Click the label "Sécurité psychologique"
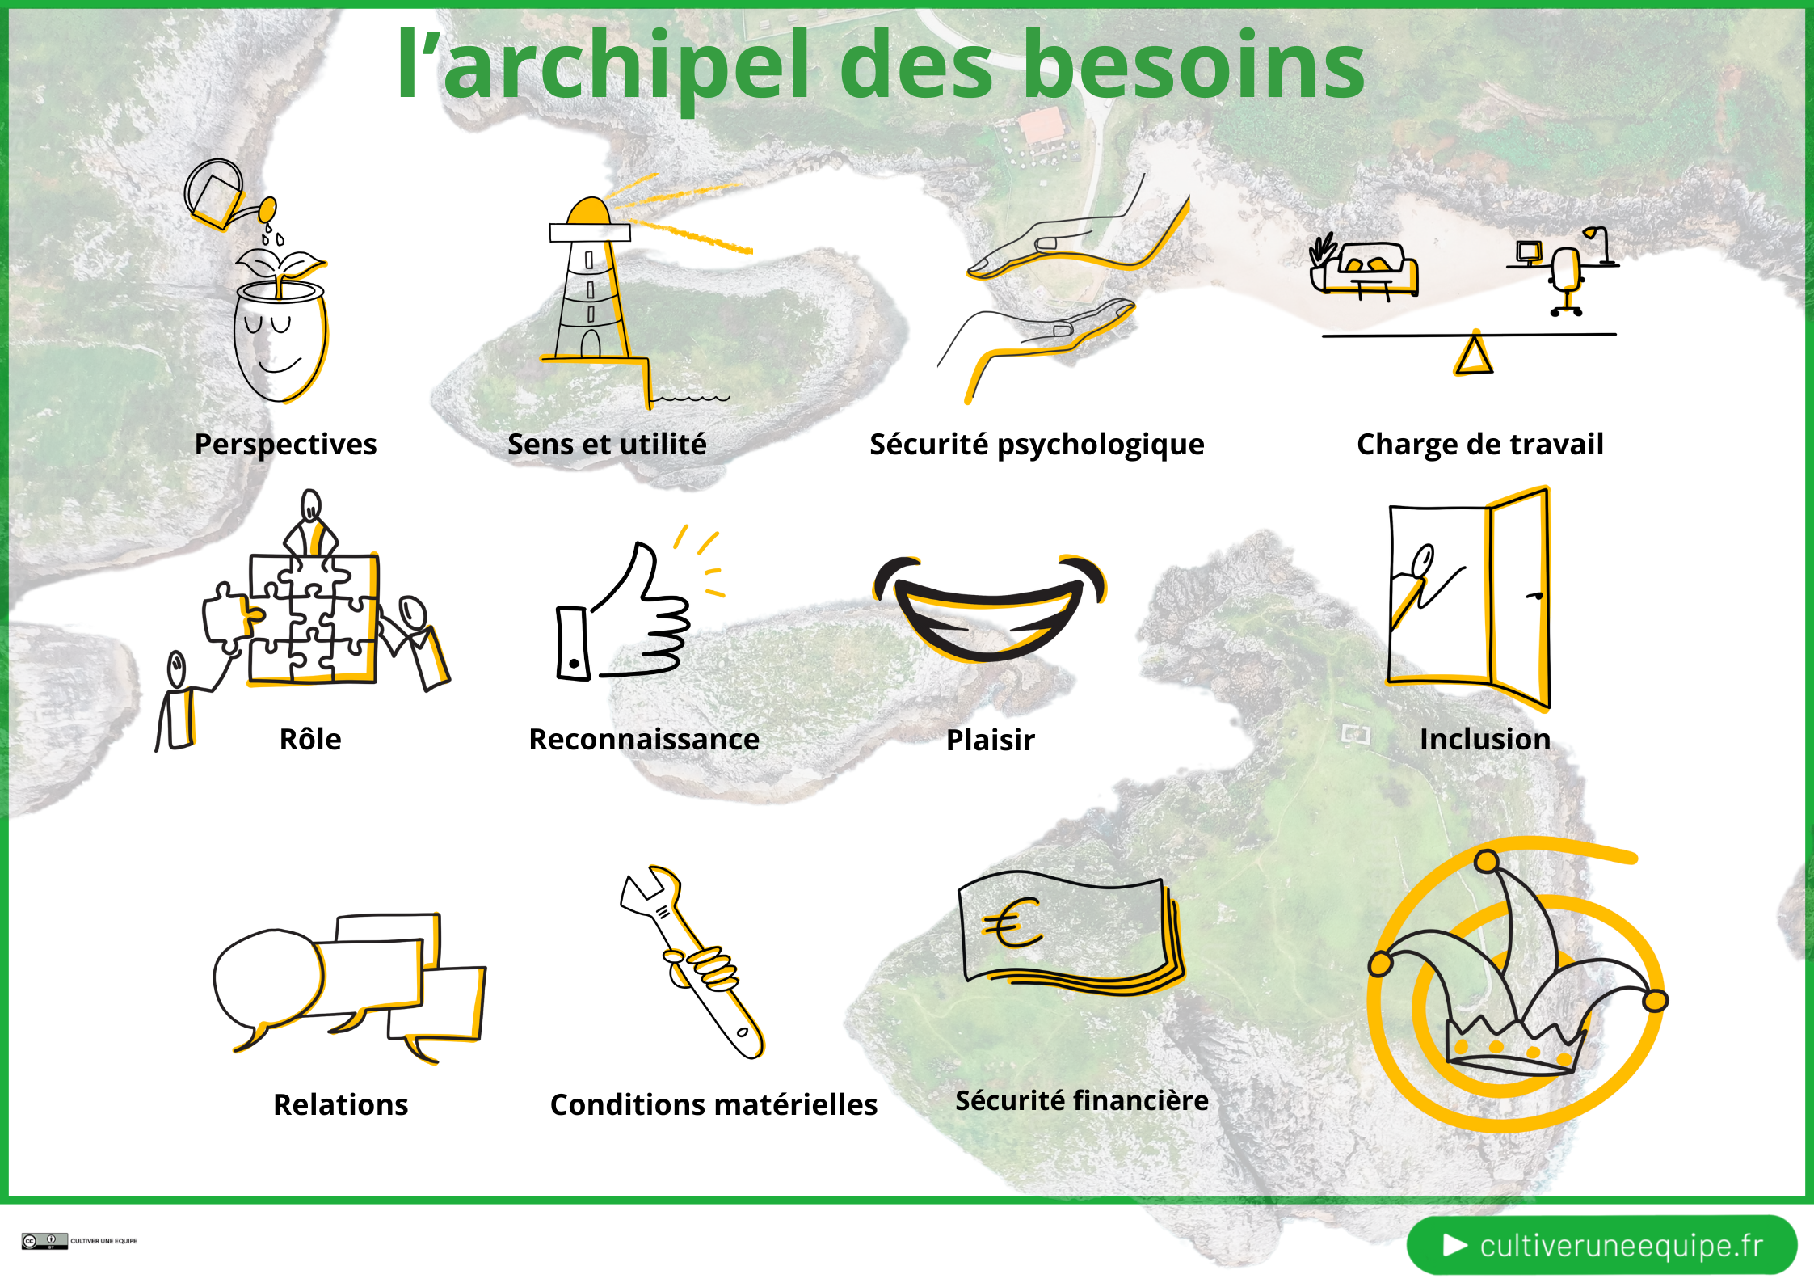(1037, 445)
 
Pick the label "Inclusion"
(1485, 740)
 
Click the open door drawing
(1469, 598)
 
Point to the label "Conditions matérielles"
(713, 1105)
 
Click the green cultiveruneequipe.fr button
(1601, 1245)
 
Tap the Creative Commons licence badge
(44, 1241)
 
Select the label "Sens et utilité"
(607, 445)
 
